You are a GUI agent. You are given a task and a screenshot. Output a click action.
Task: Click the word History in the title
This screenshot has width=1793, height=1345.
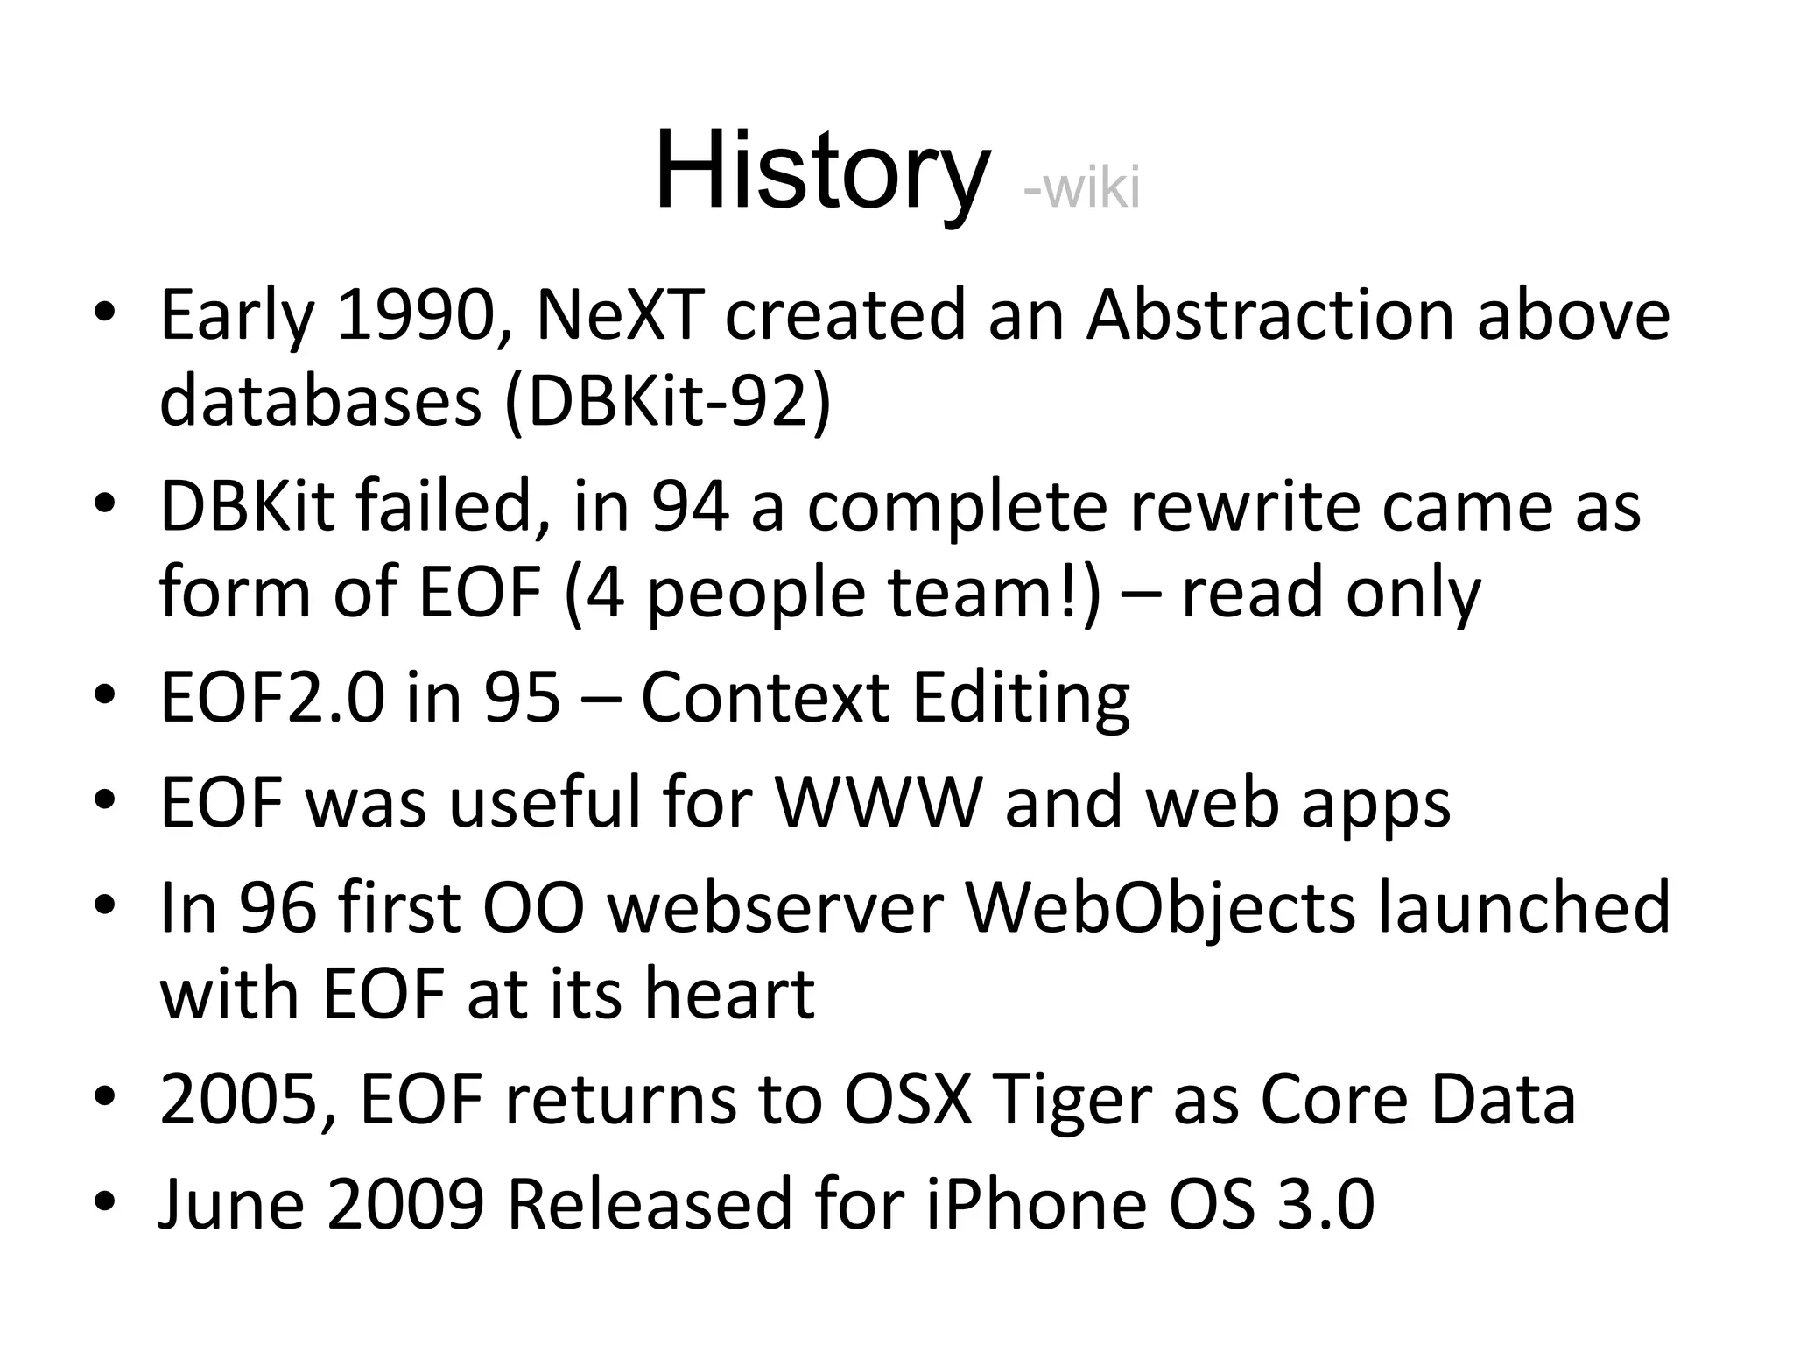(821, 171)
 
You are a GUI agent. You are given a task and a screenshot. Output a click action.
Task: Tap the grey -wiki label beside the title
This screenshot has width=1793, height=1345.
(1081, 188)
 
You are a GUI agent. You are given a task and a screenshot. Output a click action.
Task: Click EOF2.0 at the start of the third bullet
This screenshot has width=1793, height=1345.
(271, 698)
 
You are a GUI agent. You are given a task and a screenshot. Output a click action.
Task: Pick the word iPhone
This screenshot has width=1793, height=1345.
(1036, 1205)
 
